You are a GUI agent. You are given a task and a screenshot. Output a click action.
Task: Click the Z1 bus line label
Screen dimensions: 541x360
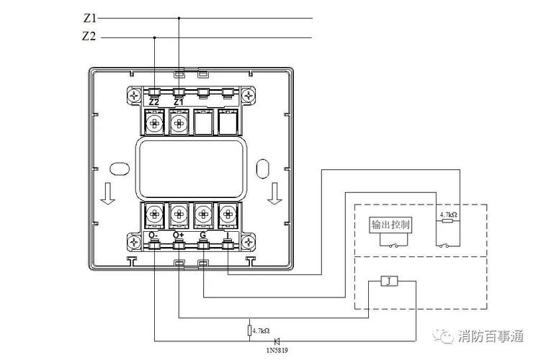click(90, 18)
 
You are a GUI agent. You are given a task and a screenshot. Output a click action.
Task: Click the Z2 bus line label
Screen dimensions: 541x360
click(89, 36)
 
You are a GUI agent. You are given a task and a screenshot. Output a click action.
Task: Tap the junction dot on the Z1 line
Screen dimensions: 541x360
click(179, 18)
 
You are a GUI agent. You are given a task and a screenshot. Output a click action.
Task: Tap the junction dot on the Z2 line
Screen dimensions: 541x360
click(154, 37)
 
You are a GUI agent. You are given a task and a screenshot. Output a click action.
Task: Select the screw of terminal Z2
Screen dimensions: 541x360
click(155, 122)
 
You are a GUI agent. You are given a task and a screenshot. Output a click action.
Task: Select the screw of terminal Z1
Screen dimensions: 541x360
click(179, 122)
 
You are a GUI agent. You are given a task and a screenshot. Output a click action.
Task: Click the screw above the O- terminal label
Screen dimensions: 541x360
click(155, 214)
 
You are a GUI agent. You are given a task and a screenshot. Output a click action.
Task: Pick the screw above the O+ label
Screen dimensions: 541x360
click(179, 214)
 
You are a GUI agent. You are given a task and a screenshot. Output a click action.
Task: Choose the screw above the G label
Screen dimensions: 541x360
click(203, 214)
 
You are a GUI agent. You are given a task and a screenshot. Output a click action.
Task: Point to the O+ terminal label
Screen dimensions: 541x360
click(179, 235)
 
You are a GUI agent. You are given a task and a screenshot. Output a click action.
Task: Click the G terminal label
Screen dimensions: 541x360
click(203, 235)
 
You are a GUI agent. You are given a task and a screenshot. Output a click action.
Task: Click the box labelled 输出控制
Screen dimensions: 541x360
click(390, 225)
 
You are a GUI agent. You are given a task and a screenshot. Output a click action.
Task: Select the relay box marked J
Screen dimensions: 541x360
click(389, 281)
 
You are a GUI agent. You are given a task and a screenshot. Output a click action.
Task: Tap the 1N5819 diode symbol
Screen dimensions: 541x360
click(277, 341)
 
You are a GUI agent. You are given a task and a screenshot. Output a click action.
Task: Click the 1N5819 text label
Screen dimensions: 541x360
click(277, 351)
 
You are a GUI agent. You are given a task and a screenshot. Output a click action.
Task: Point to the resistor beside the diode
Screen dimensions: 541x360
click(249, 330)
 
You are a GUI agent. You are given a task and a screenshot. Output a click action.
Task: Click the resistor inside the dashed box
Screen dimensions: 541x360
click(448, 220)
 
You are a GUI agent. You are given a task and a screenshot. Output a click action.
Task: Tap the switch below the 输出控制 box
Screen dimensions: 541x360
click(393, 246)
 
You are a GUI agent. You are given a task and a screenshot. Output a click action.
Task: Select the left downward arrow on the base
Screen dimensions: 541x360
click(107, 193)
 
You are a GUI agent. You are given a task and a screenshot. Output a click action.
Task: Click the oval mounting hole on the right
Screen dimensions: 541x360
click(263, 168)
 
